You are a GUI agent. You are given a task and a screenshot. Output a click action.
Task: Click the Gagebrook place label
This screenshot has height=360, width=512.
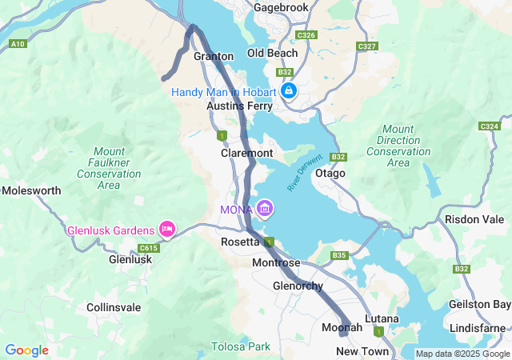click(x=281, y=7)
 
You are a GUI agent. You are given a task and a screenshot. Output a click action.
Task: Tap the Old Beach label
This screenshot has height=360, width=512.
click(x=272, y=54)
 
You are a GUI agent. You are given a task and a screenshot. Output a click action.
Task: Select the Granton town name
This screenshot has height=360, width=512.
click(x=214, y=57)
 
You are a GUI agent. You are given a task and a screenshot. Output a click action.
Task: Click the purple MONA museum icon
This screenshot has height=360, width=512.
click(x=265, y=210)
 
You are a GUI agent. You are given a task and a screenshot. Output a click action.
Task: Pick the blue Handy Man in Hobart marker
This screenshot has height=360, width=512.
click(x=288, y=91)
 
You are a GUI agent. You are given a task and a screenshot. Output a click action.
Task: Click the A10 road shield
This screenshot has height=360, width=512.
click(x=17, y=44)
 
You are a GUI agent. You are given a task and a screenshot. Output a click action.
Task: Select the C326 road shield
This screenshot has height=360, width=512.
click(x=305, y=35)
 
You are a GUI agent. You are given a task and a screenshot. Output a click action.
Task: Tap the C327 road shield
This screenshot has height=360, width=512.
click(x=367, y=46)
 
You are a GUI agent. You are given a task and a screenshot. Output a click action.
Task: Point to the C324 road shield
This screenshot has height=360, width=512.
click(x=489, y=126)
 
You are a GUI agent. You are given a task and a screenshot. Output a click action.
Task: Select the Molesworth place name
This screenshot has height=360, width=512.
click(x=31, y=191)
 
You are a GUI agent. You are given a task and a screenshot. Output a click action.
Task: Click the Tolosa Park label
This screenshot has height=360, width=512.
click(x=241, y=346)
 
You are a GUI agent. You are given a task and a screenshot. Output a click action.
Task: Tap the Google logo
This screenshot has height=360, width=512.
click(x=26, y=350)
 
